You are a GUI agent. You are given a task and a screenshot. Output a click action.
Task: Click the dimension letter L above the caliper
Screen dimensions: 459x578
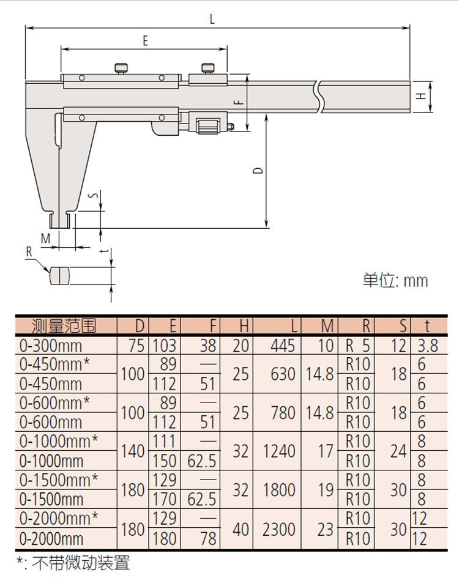[x=212, y=18]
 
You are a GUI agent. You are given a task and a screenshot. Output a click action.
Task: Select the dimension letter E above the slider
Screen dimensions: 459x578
[x=145, y=40]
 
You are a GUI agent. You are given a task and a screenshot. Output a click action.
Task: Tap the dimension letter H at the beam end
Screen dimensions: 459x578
[x=421, y=96]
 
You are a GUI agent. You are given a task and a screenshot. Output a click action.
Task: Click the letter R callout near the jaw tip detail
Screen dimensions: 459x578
[x=29, y=252]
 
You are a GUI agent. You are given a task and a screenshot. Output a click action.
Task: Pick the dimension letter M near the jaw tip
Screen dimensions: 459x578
[x=45, y=239]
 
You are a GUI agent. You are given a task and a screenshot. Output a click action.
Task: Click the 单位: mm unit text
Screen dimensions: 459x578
[x=395, y=281]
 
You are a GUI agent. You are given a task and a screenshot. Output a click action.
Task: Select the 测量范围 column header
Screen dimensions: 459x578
[x=64, y=326]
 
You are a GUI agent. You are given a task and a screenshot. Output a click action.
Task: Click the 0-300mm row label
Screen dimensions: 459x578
[x=51, y=346]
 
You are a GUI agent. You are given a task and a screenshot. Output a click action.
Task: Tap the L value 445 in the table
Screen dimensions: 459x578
[x=283, y=346]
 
